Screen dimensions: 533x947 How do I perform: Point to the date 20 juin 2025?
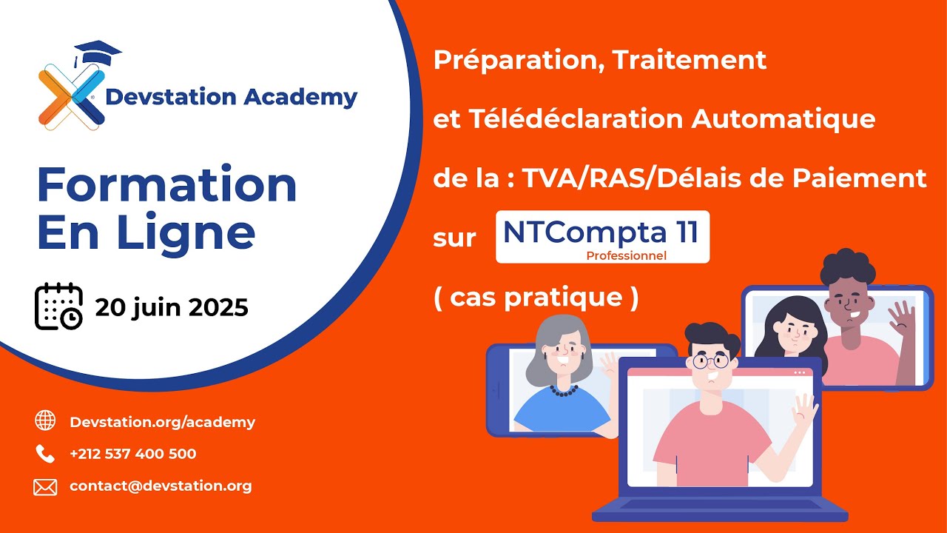pos(171,307)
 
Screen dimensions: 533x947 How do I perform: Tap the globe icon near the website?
pos(45,420)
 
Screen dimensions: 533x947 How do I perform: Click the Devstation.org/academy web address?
pos(162,422)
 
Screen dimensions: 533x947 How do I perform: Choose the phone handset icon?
pos(45,453)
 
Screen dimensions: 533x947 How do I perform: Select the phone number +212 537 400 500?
pos(133,454)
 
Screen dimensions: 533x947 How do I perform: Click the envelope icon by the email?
pos(45,486)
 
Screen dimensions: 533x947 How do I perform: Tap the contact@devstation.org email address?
pos(161,486)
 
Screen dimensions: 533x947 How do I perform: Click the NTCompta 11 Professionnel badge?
pos(601,237)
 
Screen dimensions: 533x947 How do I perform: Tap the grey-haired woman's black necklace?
pos(564,389)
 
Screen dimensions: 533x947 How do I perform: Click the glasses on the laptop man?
pos(711,362)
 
